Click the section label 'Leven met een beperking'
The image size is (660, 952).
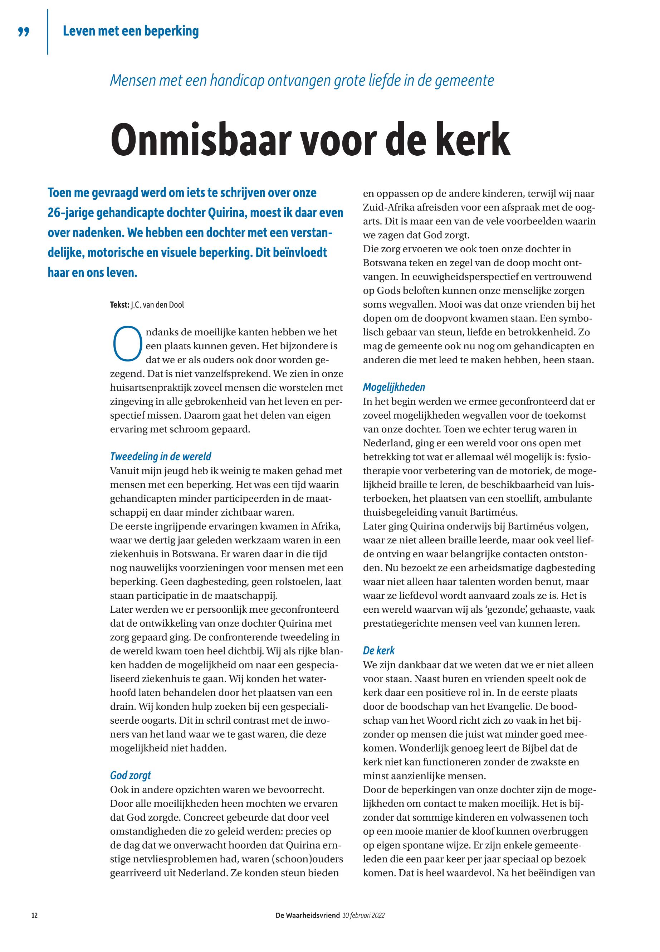click(x=131, y=31)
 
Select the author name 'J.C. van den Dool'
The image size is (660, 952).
click(x=157, y=305)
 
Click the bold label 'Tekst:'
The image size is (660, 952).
click(x=119, y=305)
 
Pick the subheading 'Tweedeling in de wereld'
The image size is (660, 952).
click(x=161, y=456)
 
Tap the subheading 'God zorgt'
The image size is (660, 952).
click(x=131, y=775)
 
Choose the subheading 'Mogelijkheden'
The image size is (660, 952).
click(x=394, y=387)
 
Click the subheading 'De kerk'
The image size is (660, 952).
click(x=378, y=650)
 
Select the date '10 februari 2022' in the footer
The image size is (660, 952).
click(x=364, y=915)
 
